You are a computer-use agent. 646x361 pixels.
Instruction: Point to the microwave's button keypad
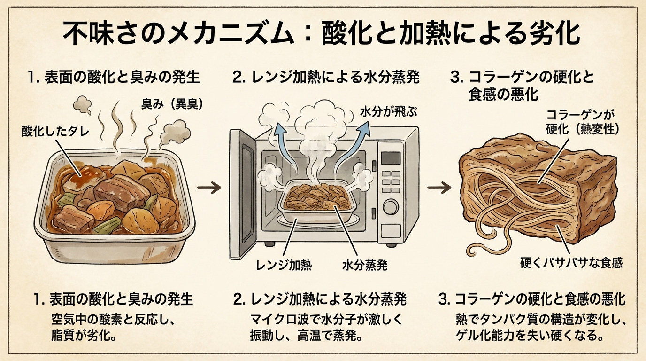tap(390, 181)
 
